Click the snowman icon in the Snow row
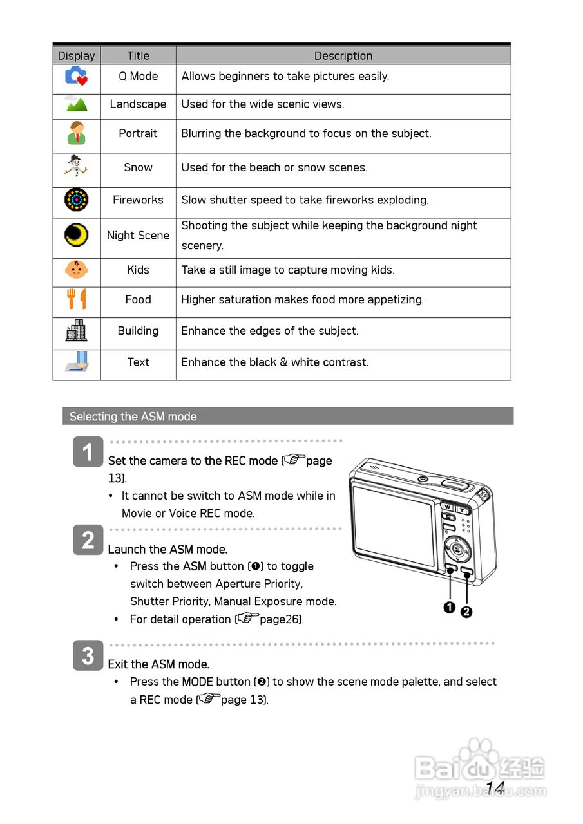click(76, 167)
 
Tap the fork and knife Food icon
click(76, 299)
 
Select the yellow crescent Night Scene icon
click(76, 235)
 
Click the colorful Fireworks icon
click(76, 200)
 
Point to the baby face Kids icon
click(76, 269)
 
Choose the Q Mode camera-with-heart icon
click(76, 76)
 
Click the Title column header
click(138, 55)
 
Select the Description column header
click(343, 55)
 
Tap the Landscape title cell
click(138, 104)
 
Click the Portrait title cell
click(138, 133)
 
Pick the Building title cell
click(138, 331)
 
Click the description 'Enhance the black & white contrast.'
click(275, 362)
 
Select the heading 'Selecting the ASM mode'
click(133, 417)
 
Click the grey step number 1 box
click(88, 452)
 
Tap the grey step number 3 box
click(88, 656)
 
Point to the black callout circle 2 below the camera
click(466, 612)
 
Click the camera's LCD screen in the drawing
click(393, 525)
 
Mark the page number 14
click(495, 787)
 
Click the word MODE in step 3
click(197, 682)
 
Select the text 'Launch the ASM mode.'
click(167, 549)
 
